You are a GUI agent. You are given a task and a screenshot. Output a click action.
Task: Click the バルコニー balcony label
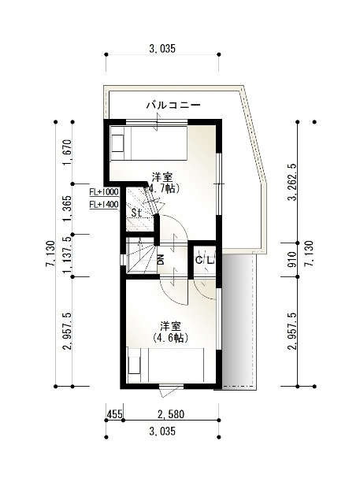point(173,105)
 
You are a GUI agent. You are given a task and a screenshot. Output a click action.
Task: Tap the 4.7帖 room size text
point(162,188)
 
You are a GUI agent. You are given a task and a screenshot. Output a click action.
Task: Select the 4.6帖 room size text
point(171,338)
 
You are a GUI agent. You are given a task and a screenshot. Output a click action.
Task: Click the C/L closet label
point(205,260)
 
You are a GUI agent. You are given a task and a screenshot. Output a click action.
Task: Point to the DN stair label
point(161,259)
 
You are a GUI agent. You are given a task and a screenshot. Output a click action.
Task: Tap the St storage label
point(136,212)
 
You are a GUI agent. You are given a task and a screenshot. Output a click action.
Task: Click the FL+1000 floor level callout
point(104,192)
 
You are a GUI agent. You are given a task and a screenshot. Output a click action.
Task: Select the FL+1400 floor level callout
point(104,205)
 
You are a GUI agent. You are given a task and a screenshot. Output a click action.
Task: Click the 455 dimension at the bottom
point(114,414)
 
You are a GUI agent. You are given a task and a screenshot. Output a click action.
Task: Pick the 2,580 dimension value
point(171,414)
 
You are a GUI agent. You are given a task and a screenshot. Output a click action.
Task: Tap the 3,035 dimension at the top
point(162,49)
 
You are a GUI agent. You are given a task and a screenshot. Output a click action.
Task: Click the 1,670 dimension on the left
point(67,152)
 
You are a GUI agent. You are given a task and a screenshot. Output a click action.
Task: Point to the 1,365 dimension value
point(67,209)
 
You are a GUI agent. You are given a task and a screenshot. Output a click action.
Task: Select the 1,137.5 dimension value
point(67,258)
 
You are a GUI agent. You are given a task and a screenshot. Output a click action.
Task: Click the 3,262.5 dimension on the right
point(292,182)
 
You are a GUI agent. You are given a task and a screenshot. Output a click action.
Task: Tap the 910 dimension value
point(292,260)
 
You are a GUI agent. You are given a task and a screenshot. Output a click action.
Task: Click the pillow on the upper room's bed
point(117,143)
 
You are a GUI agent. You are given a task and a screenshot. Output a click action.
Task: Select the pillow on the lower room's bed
point(135,365)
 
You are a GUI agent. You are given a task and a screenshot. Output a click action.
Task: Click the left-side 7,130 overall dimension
point(50,254)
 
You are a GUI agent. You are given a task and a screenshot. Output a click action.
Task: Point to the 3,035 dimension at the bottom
point(162,431)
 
